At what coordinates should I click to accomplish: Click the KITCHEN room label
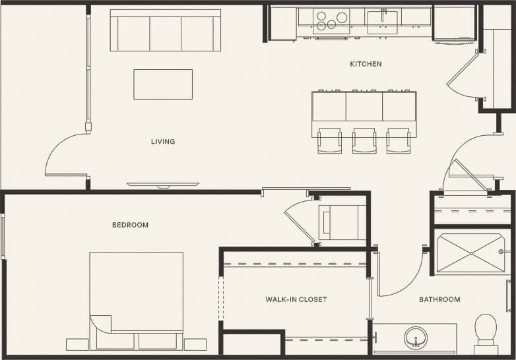pos(366,64)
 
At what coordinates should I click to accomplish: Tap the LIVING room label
pos(163,141)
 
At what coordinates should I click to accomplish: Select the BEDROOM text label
pos(130,225)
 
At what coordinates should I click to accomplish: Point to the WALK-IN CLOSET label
pos(296,299)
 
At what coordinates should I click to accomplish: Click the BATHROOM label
pos(439,299)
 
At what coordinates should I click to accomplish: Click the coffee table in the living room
pos(163,84)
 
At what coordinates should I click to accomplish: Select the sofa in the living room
pos(165,30)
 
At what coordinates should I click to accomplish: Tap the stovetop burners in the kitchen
pos(332,20)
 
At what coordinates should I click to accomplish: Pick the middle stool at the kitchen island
pos(364,140)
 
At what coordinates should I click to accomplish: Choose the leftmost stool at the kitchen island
pos(329,140)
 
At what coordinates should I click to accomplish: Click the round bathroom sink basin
pos(416,337)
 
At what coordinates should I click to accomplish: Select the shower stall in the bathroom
pos(470,253)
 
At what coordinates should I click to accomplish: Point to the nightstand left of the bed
pos(77,344)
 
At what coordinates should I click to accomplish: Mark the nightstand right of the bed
pos(195,344)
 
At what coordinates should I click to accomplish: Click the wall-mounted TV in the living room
pos(163,185)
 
